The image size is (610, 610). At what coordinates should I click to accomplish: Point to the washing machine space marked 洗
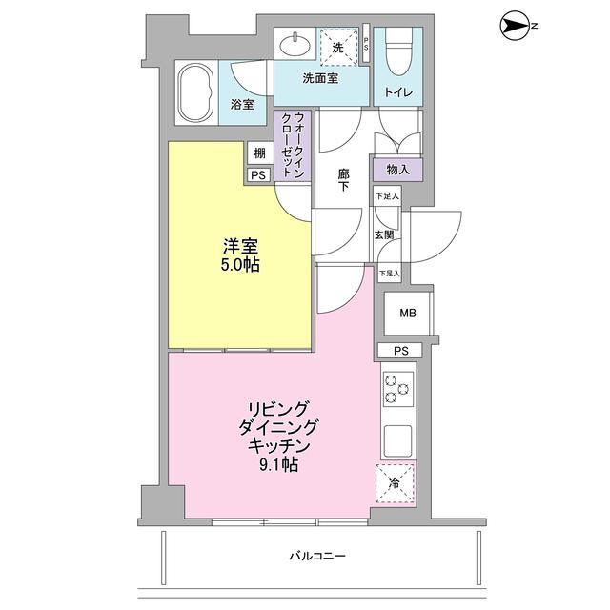338,46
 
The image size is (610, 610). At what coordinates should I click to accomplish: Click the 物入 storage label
398,170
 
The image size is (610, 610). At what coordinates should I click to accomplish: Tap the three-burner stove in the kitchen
397,390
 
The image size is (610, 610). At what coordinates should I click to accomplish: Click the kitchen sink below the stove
398,439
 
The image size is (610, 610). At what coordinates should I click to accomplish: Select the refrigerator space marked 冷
397,481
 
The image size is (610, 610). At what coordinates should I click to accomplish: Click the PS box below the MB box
399,351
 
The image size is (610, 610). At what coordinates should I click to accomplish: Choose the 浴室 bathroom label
242,105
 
